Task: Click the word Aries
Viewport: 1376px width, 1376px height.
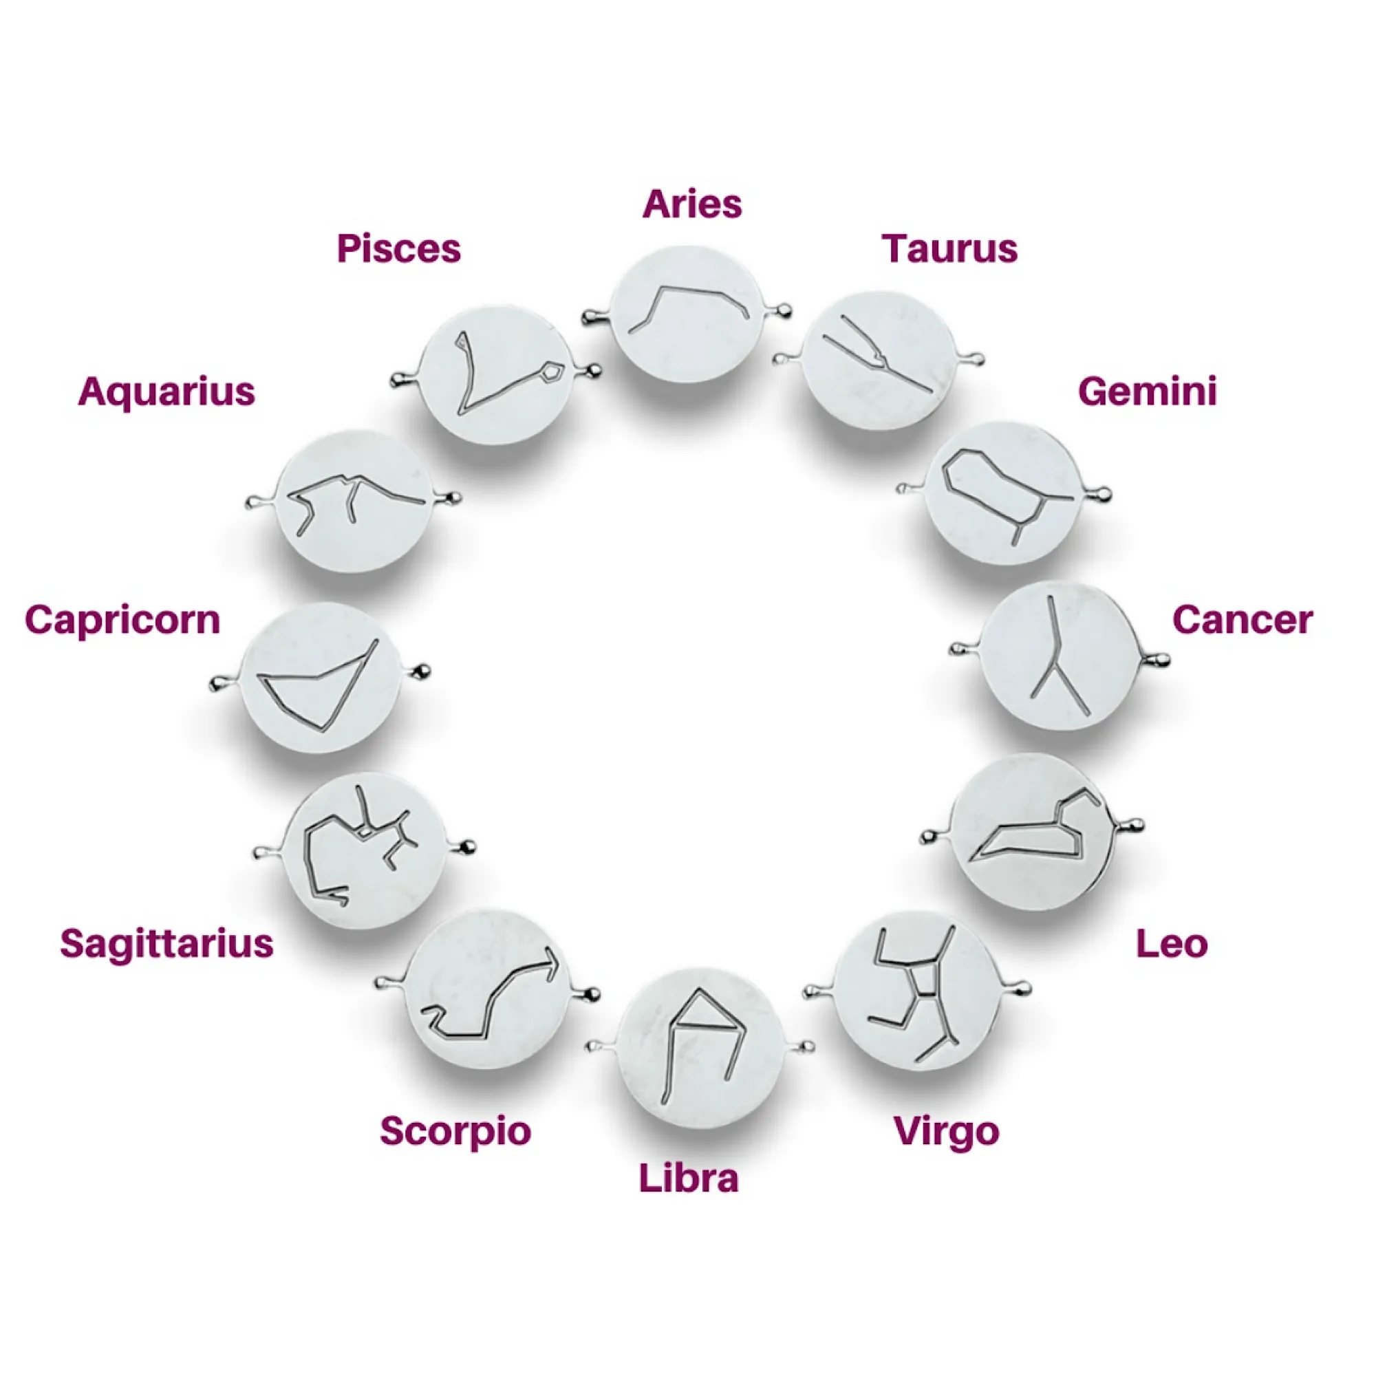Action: pyautogui.click(x=691, y=204)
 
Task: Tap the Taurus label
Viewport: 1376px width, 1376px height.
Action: pyautogui.click(x=949, y=248)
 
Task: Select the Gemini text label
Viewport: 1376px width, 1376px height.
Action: pyautogui.click(x=1148, y=391)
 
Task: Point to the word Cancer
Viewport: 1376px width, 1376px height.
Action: pyautogui.click(x=1242, y=620)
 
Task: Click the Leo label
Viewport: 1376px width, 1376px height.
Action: pyautogui.click(x=1172, y=944)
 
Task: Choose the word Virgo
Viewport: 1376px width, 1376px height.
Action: pyautogui.click(x=947, y=1132)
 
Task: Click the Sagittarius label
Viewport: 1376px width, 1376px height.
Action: pyautogui.click(x=166, y=945)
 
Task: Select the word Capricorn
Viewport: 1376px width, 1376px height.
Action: pyautogui.click(x=122, y=621)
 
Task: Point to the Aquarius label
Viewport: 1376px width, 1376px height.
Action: pyautogui.click(x=166, y=392)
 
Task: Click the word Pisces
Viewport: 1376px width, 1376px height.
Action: pyautogui.click(x=399, y=248)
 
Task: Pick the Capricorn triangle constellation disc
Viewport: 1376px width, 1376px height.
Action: pyautogui.click(x=321, y=677)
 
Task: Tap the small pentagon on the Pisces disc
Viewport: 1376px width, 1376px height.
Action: pyautogui.click(x=552, y=372)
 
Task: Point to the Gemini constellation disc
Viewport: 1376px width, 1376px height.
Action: pyautogui.click(x=1003, y=493)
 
